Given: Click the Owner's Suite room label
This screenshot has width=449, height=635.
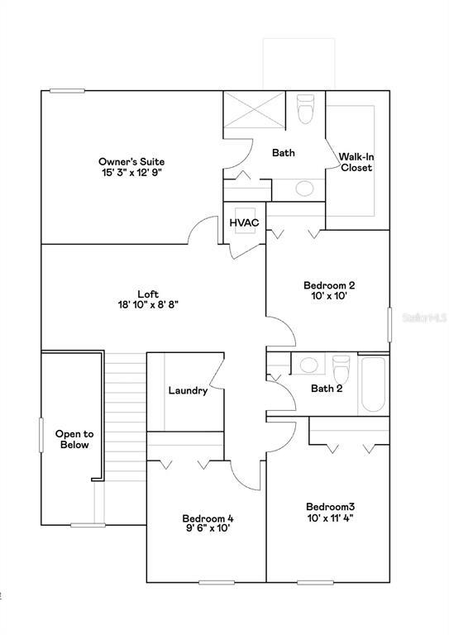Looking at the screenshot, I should coord(131,161).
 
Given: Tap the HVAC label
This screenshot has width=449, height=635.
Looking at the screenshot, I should coord(245,222).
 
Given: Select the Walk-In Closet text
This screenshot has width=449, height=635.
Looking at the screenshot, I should coord(356,161).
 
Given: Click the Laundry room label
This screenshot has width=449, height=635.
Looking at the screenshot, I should coord(188,390).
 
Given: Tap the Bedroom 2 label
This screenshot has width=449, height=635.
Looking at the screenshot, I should coord(329,285).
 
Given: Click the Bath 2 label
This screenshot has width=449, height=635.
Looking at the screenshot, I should coord(327,389).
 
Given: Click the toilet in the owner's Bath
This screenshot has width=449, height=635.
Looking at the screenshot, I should coord(305,108).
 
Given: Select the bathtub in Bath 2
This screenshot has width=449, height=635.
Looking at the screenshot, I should coord(373,384).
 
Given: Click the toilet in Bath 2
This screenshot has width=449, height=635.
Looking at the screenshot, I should coord(341,365).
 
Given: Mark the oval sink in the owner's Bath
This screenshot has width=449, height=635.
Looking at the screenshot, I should coord(303,188).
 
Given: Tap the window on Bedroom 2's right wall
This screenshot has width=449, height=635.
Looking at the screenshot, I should coord(390,323).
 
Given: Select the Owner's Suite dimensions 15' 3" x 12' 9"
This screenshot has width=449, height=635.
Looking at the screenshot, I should coord(131,174).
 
